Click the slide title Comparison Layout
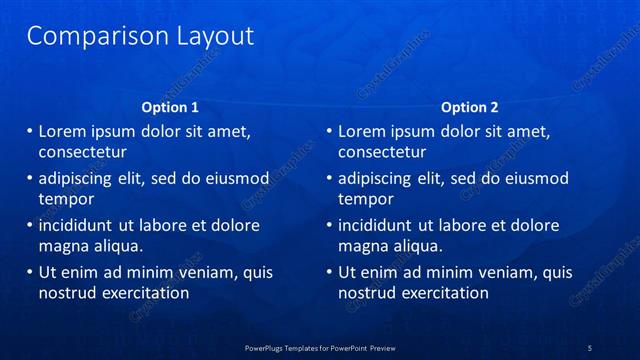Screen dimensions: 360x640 139,37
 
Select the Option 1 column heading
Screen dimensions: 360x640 169,107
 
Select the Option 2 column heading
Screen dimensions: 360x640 469,107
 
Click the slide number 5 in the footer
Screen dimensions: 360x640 590,347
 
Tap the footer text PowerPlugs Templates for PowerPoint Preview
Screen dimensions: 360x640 320,347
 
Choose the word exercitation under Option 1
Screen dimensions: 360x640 145,293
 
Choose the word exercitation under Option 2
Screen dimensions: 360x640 445,293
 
